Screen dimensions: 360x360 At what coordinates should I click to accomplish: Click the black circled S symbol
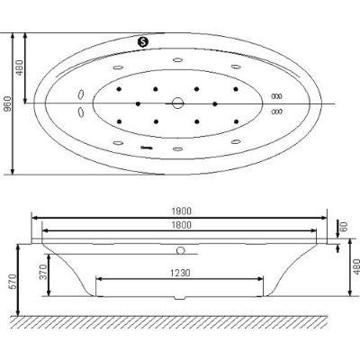point(143,41)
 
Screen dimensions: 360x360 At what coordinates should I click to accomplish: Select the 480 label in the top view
point(19,67)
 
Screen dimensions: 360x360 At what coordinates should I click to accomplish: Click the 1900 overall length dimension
point(181,211)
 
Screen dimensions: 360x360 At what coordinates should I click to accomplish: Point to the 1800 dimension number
point(181,225)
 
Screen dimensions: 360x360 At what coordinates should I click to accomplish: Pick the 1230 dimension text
point(180,273)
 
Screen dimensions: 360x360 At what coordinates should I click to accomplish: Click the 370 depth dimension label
point(44,272)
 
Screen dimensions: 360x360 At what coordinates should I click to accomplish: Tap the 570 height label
point(13,282)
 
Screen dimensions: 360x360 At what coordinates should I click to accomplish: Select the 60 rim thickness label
point(345,226)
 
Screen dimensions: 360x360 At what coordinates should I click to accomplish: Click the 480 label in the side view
point(356,266)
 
